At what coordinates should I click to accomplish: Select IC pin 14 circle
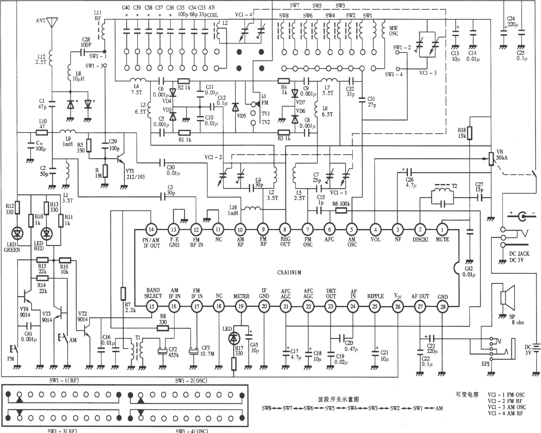click(x=151, y=230)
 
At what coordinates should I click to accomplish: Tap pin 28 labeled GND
click(x=442, y=306)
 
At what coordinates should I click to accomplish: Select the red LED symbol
click(x=47, y=233)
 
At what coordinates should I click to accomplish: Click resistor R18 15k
click(x=469, y=133)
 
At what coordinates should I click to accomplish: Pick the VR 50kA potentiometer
click(x=491, y=159)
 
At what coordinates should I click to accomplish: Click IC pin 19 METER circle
click(x=241, y=306)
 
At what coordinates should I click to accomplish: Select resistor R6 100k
click(x=341, y=210)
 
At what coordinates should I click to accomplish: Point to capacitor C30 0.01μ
click(x=163, y=163)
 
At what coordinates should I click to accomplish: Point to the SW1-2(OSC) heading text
click(x=191, y=380)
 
